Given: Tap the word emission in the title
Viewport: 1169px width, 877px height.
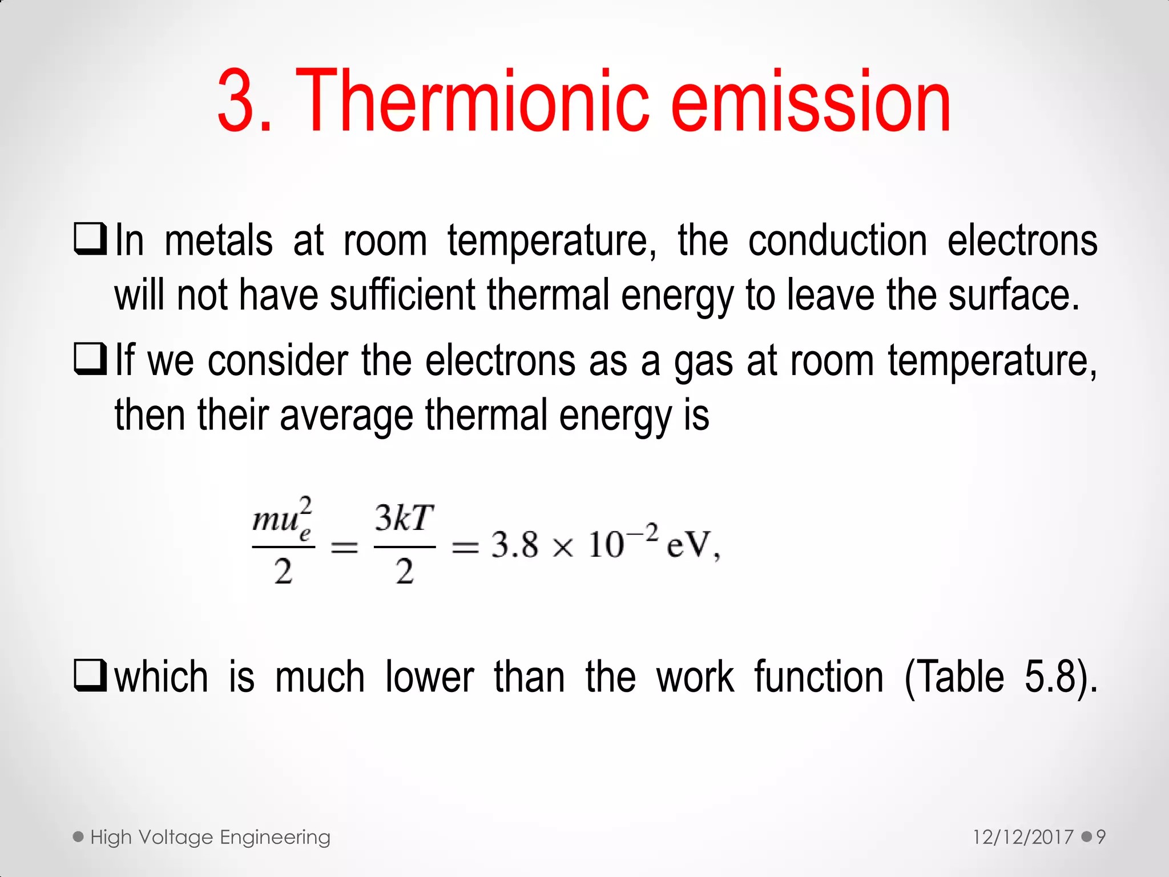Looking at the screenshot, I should click(x=811, y=102).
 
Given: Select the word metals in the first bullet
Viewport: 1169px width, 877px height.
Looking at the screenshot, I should click(x=219, y=241).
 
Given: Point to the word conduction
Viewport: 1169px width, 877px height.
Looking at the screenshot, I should click(x=837, y=241).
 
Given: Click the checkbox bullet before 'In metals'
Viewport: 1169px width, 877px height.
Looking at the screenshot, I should click(x=90, y=239).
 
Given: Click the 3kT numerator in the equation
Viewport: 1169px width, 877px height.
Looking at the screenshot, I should click(x=404, y=518).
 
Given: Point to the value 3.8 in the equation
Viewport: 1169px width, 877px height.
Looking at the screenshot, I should click(x=514, y=545).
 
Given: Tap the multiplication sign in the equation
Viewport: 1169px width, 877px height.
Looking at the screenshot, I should click(x=563, y=548).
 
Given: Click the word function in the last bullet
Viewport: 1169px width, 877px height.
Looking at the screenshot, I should click(x=819, y=678).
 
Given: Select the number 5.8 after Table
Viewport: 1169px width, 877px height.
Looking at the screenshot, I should click(x=1050, y=678).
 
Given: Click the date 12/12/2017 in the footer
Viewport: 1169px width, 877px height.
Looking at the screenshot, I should click(x=1023, y=837).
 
